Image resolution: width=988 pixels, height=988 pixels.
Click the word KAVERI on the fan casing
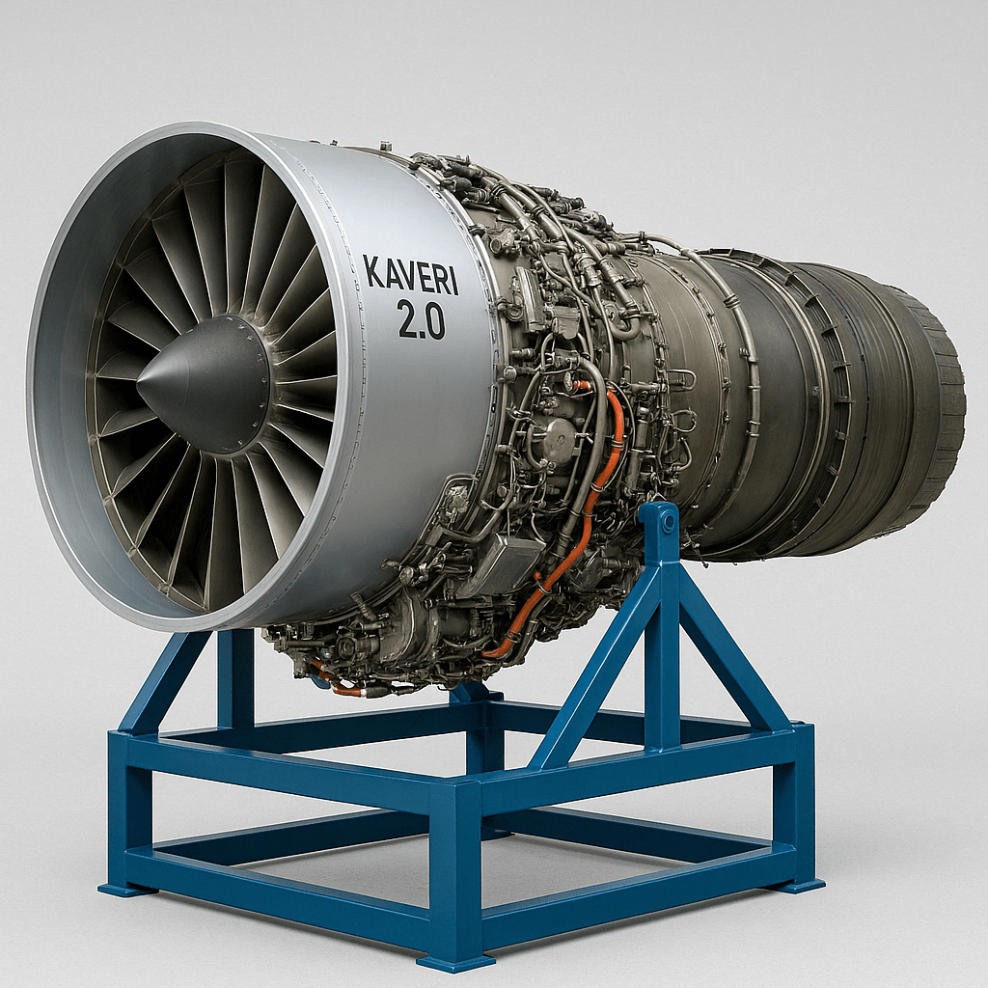(411, 275)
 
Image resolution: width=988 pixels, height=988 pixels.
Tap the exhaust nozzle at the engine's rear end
(925, 403)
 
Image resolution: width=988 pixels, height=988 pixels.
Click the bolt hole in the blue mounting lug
(668, 520)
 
